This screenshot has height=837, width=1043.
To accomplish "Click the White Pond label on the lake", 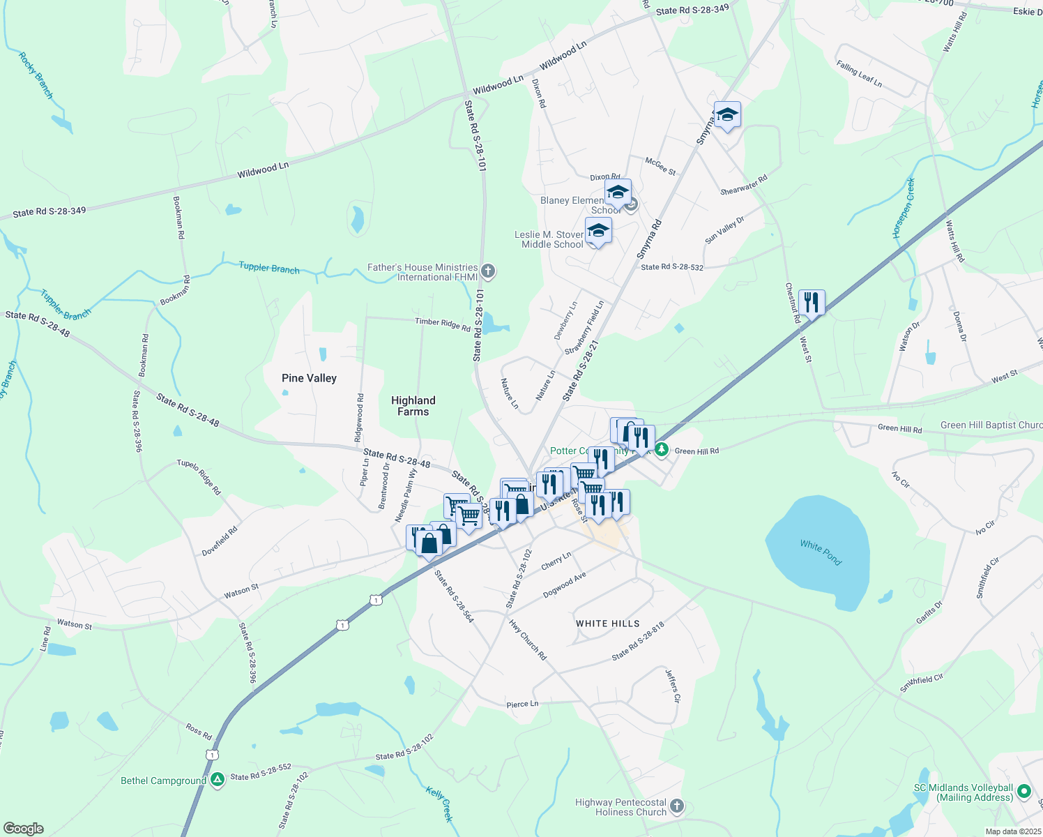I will coord(821,552).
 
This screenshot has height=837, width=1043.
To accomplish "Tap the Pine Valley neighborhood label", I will coord(309,378).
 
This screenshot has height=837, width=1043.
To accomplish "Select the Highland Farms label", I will coord(413,406).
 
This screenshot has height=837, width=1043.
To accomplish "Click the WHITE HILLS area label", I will coord(607,624).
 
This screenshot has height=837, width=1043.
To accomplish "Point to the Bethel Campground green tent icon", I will coord(218,780).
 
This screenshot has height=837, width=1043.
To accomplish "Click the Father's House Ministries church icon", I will coord(488,271).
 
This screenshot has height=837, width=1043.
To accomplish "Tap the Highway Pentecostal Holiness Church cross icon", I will coord(677,807).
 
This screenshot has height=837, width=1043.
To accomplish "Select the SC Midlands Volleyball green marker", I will coord(1024,792).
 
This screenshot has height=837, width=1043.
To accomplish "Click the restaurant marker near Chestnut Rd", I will coord(811,303).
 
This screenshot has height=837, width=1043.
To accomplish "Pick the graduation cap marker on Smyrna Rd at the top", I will coord(726,115).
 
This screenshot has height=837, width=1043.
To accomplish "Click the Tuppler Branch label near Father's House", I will coord(269,268).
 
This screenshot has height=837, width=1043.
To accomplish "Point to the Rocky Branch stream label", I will coord(36,75).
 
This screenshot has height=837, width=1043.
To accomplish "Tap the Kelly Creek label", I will coord(440,804).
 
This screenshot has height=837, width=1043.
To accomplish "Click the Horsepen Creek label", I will coord(904,209).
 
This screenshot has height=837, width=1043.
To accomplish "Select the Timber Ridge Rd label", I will coord(443,324).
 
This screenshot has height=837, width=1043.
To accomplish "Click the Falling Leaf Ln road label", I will coord(859,74).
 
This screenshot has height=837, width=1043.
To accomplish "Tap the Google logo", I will coord(23,828).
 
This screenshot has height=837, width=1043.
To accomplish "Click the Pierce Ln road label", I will coord(522,704).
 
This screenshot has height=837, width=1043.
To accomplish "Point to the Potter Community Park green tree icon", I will coord(662,450).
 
